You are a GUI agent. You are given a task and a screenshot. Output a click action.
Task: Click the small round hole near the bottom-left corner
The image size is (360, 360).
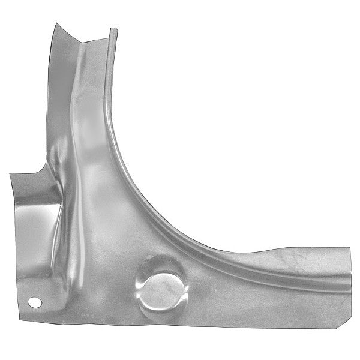pos(35,302)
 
